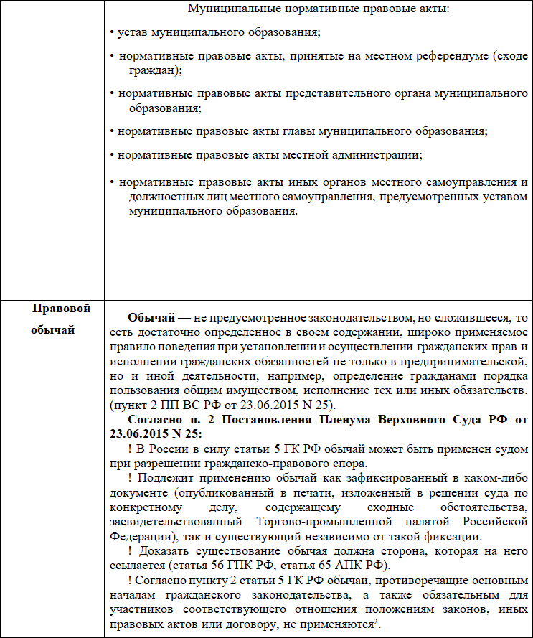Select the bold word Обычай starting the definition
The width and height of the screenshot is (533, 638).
click(x=149, y=318)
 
